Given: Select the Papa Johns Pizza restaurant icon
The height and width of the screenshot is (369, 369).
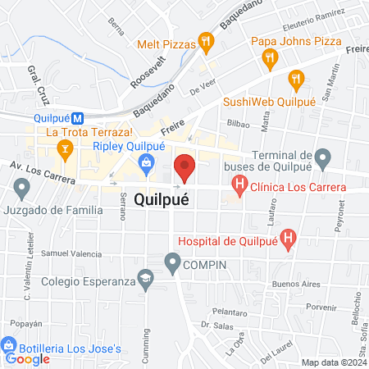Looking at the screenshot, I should [267, 57].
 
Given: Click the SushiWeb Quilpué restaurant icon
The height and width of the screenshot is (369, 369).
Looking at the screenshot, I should [297, 80].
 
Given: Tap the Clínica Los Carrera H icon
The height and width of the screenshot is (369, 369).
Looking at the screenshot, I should [239, 187].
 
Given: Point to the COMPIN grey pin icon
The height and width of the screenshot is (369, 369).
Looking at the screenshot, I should [172, 263].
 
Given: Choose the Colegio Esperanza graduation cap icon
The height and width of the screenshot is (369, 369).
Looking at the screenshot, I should [145, 280].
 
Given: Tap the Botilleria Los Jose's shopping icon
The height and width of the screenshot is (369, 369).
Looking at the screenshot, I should [10, 347].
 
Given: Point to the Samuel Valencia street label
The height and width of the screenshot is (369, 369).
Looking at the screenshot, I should [70, 253].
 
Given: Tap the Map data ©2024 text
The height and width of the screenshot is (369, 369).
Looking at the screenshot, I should [334, 362].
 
